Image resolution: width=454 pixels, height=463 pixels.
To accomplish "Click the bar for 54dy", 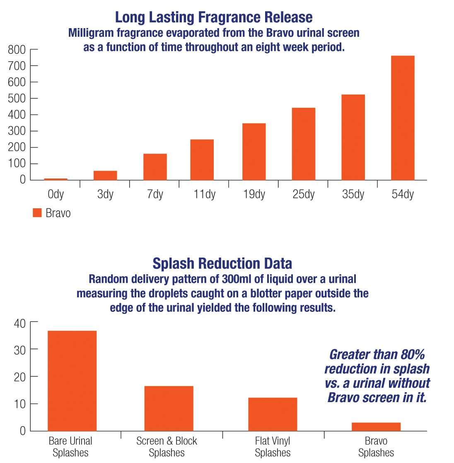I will pos(403,118).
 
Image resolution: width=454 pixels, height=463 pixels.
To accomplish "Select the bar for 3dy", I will pos(105,176).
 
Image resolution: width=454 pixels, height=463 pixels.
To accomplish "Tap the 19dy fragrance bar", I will pos(254,152).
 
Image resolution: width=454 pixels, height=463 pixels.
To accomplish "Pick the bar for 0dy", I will pos(56,179).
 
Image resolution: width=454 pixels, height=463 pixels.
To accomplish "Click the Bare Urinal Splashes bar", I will pos(72,381).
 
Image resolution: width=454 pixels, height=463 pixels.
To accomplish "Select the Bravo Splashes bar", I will pos(376,427).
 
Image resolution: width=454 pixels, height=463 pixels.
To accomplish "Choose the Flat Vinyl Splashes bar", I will pos(273,414).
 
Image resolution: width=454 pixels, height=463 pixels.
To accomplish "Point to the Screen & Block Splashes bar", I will pos(169,408).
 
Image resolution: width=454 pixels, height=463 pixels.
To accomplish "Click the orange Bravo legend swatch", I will pos(37,213).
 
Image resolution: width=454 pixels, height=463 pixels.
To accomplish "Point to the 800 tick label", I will pos(17,50).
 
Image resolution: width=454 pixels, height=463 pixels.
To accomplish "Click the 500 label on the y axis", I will pos(17,99).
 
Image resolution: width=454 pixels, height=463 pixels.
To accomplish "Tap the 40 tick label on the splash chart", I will pos(19,323).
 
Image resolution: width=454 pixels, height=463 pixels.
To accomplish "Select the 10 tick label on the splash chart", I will pos(19,404).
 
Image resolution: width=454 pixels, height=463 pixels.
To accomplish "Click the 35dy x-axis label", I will pos(353,194).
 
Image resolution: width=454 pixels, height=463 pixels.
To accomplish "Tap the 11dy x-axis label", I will pos(204,194).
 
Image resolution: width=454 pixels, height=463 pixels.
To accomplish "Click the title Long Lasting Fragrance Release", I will pos(213,17).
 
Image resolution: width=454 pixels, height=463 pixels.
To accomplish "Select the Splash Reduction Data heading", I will pos(222,263).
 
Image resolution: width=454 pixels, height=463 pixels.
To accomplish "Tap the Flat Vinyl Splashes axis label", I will pos(273,446).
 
